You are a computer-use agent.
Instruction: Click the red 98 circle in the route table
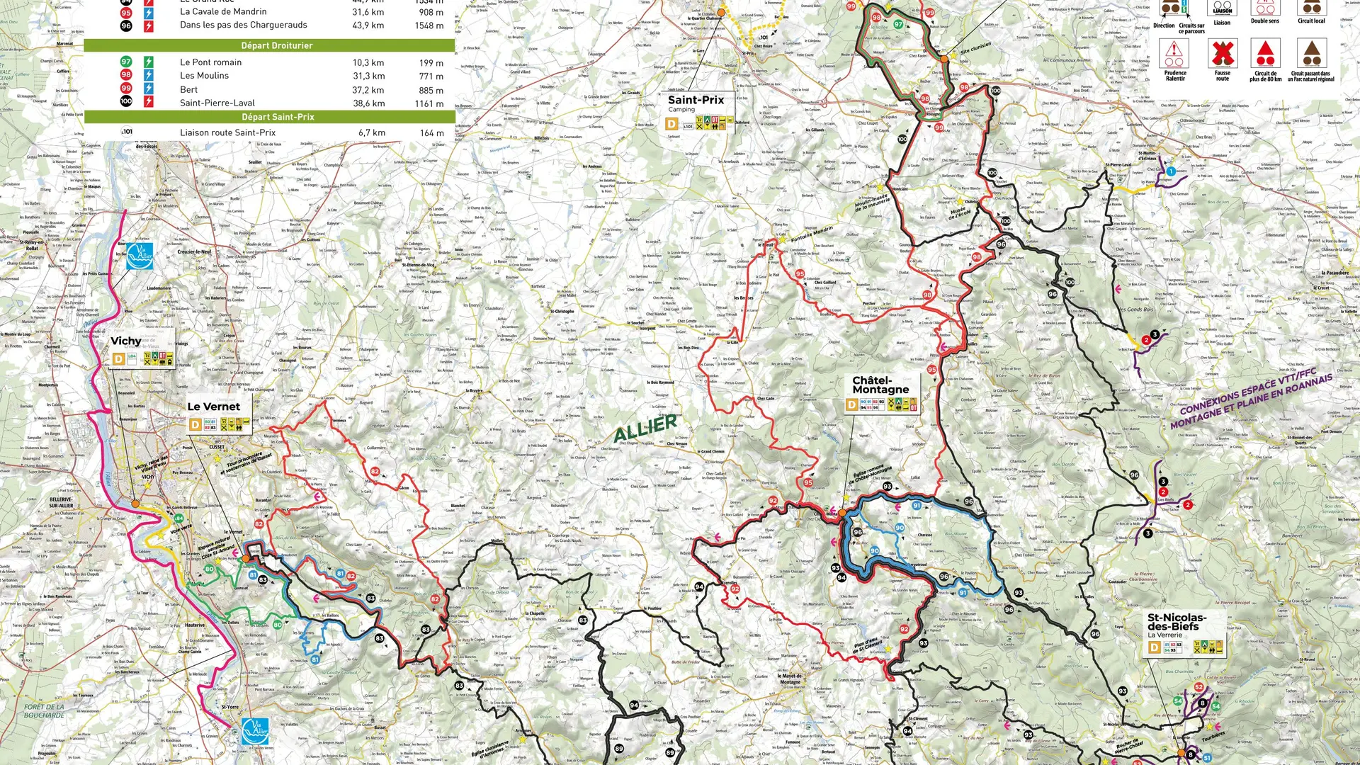click(x=126, y=75)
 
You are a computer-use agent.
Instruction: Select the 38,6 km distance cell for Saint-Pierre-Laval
click(x=368, y=103)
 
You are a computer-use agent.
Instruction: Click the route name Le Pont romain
click(x=210, y=62)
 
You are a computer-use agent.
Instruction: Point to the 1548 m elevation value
click(x=429, y=25)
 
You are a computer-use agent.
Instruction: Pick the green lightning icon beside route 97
click(x=149, y=62)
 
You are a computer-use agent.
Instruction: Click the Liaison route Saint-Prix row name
click(x=227, y=132)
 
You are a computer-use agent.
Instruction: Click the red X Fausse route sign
click(x=1223, y=54)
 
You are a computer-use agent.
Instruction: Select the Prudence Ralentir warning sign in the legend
click(x=1174, y=54)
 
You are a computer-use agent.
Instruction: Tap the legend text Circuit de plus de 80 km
click(x=1265, y=76)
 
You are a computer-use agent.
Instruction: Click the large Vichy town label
click(x=126, y=341)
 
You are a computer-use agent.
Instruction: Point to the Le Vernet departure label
click(x=213, y=407)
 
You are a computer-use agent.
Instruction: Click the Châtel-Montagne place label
click(x=880, y=385)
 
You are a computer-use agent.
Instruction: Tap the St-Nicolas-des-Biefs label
click(x=1177, y=622)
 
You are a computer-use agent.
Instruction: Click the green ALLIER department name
click(x=645, y=428)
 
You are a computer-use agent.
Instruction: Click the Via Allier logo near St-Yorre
click(x=255, y=731)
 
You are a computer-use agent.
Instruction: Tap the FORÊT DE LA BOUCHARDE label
click(x=44, y=710)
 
